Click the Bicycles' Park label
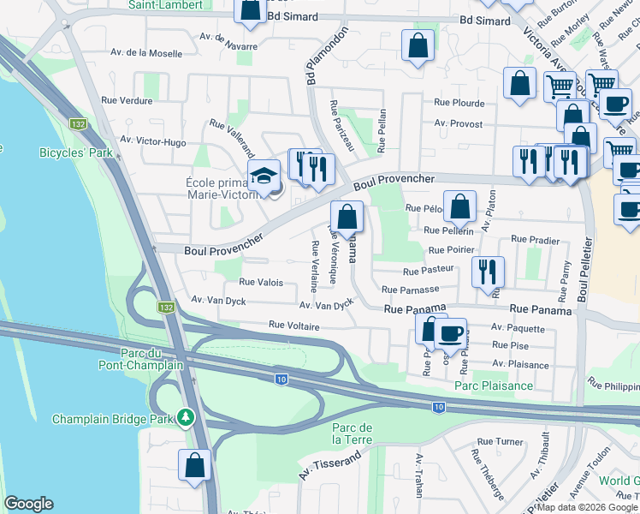point(75,153)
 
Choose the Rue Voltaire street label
point(293,326)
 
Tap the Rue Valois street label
point(261,282)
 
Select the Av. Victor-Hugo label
point(152,140)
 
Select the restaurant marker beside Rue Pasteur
point(488,272)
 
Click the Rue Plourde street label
point(459,103)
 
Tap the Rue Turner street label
point(501,442)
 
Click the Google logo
point(28,504)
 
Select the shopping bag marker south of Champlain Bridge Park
point(195,465)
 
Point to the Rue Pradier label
point(535,241)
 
